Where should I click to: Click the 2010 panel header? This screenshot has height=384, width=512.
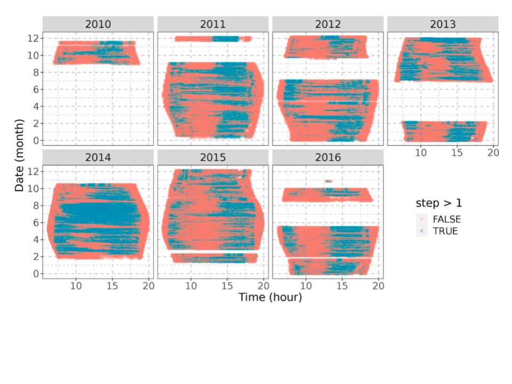[x=98, y=24]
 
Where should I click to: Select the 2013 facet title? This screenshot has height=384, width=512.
[x=443, y=24]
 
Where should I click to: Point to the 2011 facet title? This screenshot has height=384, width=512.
[x=213, y=24]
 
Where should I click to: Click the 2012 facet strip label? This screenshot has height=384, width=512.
[x=328, y=24]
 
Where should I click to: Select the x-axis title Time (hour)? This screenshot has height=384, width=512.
[x=270, y=297]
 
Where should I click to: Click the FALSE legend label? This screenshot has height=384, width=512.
[x=446, y=219]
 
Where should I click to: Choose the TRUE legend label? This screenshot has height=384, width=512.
[x=445, y=231]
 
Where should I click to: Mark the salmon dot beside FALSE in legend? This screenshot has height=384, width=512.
[x=422, y=219]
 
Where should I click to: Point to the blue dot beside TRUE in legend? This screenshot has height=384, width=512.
[x=422, y=231]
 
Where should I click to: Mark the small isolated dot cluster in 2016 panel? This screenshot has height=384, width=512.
[x=328, y=181]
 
